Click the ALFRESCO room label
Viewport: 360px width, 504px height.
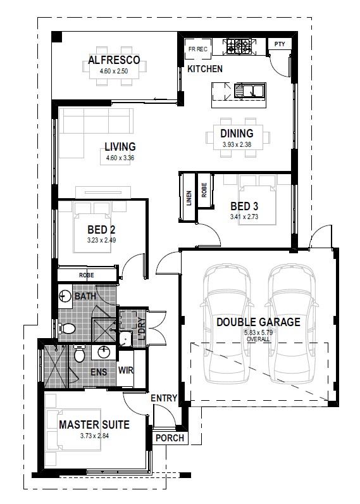click(114, 60)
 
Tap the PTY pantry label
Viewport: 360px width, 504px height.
click(280, 44)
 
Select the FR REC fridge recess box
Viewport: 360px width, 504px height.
click(198, 49)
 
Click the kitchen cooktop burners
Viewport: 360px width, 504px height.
click(239, 47)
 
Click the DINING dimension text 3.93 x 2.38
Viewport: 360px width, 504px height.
click(237, 144)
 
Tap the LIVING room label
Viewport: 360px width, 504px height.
click(120, 146)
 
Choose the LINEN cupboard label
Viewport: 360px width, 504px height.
click(189, 198)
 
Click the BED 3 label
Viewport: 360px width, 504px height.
click(244, 206)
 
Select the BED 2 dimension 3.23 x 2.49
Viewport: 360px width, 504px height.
click(101, 240)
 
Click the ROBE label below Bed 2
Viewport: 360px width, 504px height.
click(87, 275)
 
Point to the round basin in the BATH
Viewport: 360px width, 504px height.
click(65, 296)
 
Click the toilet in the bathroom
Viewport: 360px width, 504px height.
click(67, 329)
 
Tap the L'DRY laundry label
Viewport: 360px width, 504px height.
click(142, 329)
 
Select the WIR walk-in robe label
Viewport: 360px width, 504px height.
click(125, 370)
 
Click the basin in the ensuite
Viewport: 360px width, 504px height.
click(104, 352)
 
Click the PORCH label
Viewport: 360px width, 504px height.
click(170, 438)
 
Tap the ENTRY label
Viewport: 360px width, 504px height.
click(164, 398)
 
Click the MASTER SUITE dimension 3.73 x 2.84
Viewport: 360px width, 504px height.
click(94, 436)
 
